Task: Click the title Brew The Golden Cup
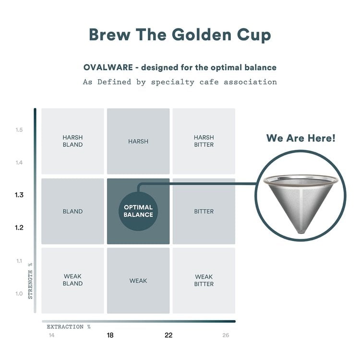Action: click(180, 35)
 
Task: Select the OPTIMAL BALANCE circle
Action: click(138, 211)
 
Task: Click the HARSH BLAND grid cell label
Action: click(72, 141)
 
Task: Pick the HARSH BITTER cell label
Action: click(204, 141)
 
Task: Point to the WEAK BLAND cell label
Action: click(72, 280)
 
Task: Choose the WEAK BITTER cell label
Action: click(204, 280)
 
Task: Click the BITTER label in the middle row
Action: click(204, 211)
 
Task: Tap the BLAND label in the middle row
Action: click(72, 211)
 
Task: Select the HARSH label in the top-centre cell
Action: click(138, 142)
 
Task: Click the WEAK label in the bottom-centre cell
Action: click(138, 280)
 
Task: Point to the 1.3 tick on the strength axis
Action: click(19, 195)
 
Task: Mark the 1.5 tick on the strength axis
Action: click(19, 130)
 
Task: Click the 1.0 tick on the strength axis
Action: click(19, 293)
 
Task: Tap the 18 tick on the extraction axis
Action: click(110, 335)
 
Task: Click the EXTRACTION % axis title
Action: click(69, 327)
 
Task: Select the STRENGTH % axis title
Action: click(30, 281)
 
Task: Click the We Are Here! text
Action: click(301, 138)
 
